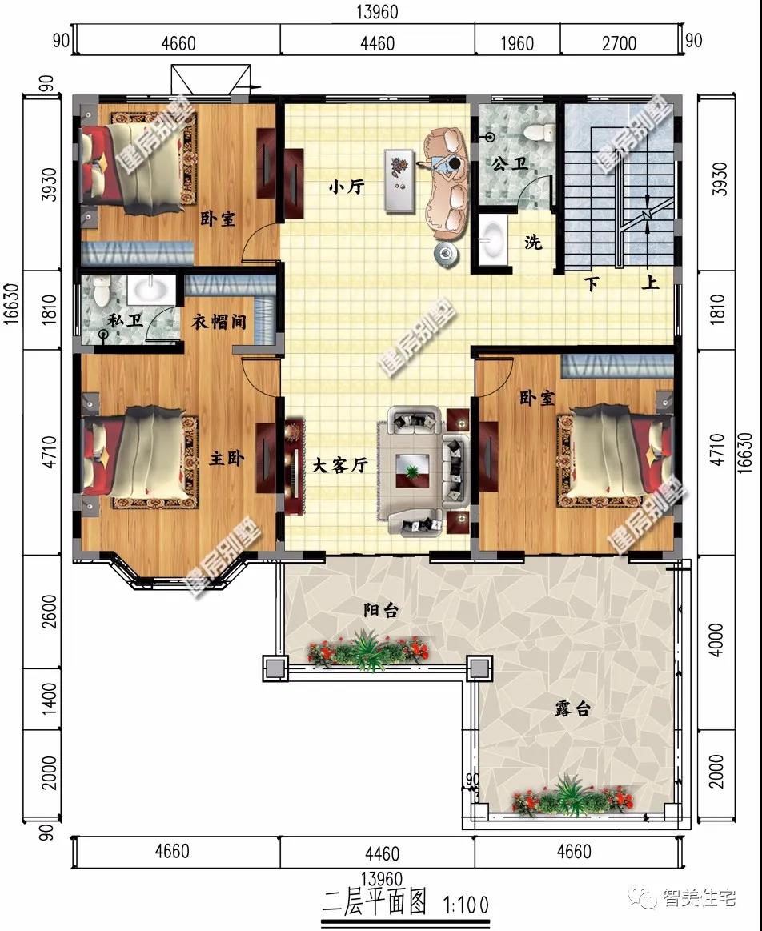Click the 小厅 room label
click(347, 187)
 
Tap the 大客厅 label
click(340, 466)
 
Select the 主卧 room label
click(227, 458)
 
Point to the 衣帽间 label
click(219, 322)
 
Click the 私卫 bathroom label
click(125, 321)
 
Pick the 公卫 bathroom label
click(510, 163)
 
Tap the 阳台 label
click(380, 610)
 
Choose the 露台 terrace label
click(572, 708)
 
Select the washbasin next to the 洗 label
click(492, 240)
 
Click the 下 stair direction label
click(591, 284)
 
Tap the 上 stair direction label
click(651, 282)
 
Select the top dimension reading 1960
click(517, 43)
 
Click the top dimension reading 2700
click(619, 43)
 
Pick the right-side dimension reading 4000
click(717, 640)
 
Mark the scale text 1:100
click(467, 905)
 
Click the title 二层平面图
click(375, 903)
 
